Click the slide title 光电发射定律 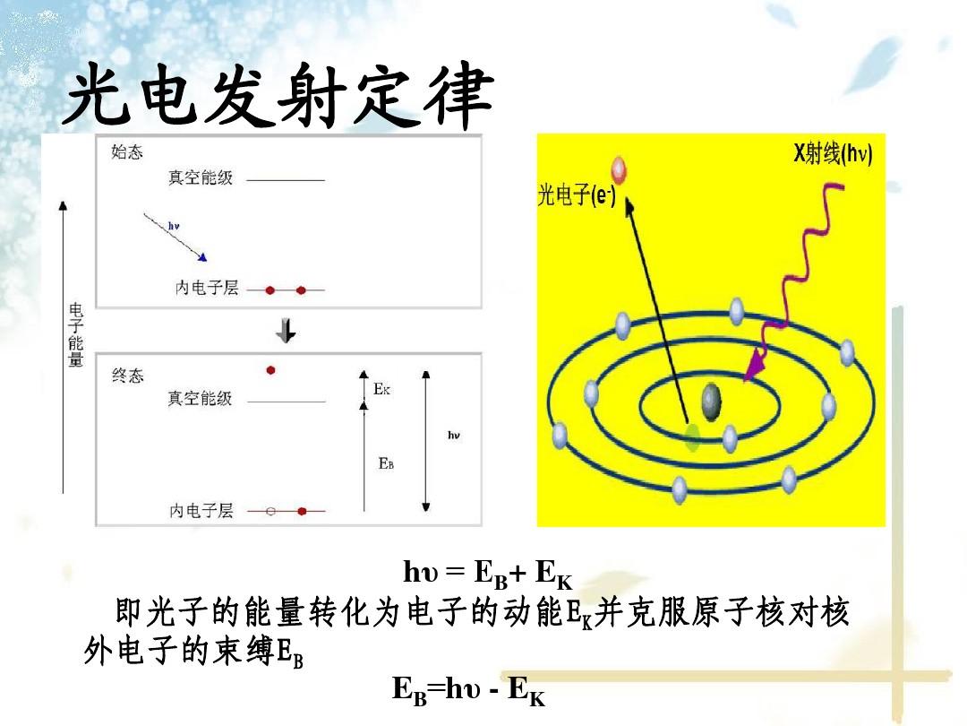point(278,96)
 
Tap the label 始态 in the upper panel point(127,151)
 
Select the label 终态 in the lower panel point(128,376)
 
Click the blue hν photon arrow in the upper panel point(175,237)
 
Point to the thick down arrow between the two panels point(286,330)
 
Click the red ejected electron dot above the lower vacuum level point(270,370)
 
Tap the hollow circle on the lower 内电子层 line point(270,511)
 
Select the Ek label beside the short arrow point(381,389)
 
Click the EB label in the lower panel point(386,463)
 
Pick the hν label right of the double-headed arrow point(454,436)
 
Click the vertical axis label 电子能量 point(75,335)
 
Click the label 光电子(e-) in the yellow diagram point(577,195)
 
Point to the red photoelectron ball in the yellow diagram point(619,169)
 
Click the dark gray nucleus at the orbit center point(711,402)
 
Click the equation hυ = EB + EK point(487,573)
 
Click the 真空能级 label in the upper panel point(201,177)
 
